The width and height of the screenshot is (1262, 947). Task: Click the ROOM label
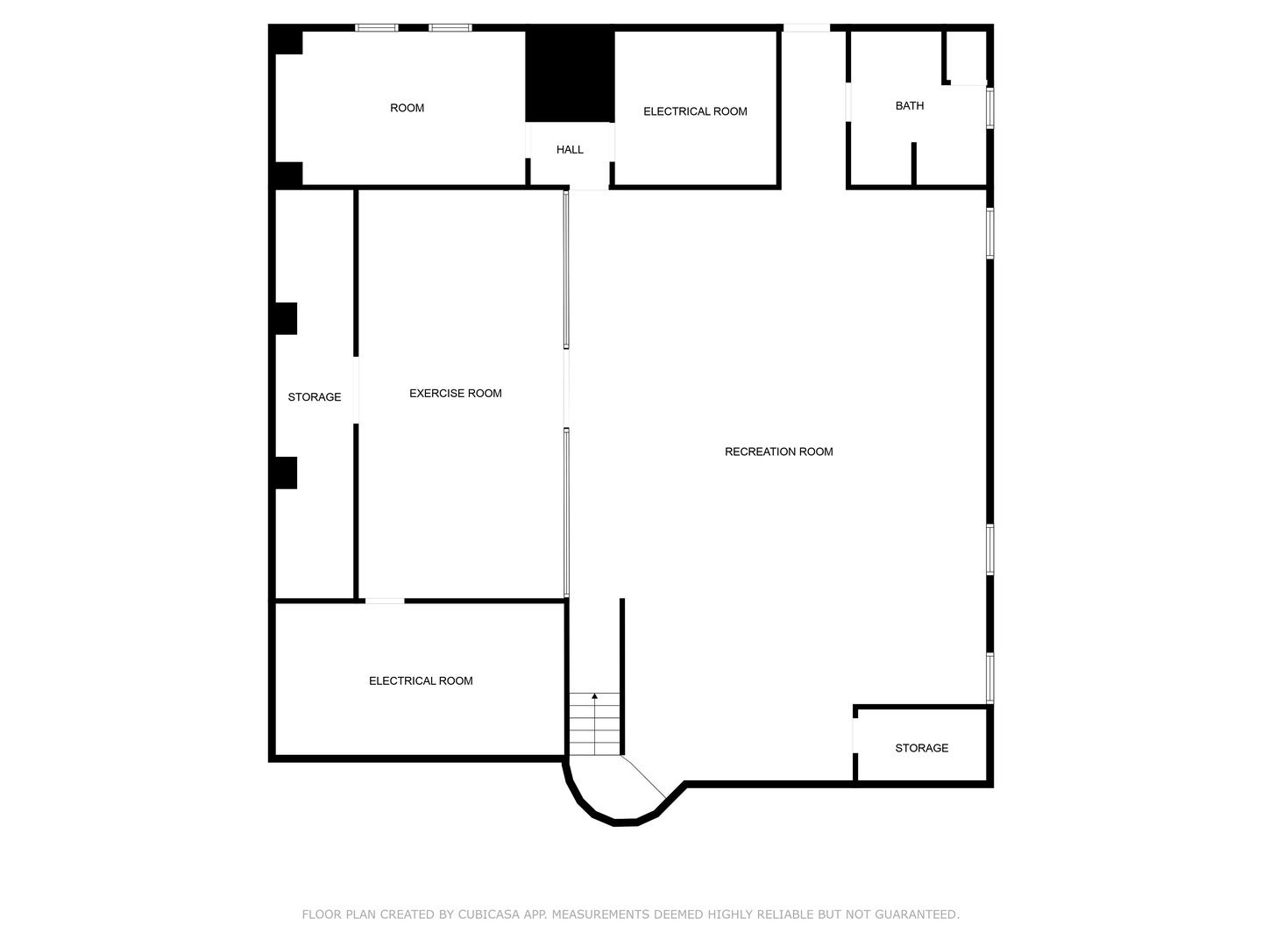pos(407,108)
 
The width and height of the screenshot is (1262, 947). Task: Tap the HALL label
pos(570,150)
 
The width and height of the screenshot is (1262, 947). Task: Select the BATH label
pos(909,106)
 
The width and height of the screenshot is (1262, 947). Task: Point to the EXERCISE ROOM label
pos(455,394)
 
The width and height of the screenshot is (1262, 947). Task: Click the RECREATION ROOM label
pos(778,452)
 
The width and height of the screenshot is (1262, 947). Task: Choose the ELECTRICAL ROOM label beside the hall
pos(695,111)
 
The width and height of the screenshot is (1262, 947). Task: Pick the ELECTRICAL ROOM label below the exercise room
pos(421,681)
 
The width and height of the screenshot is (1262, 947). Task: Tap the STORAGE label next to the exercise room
pos(314,397)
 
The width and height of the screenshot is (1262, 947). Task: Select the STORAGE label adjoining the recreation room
pos(921,748)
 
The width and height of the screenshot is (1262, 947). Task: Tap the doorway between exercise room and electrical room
pos(385,601)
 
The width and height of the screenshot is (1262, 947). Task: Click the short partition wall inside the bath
pos(913,164)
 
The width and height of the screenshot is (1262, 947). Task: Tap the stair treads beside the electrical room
pos(595,728)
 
